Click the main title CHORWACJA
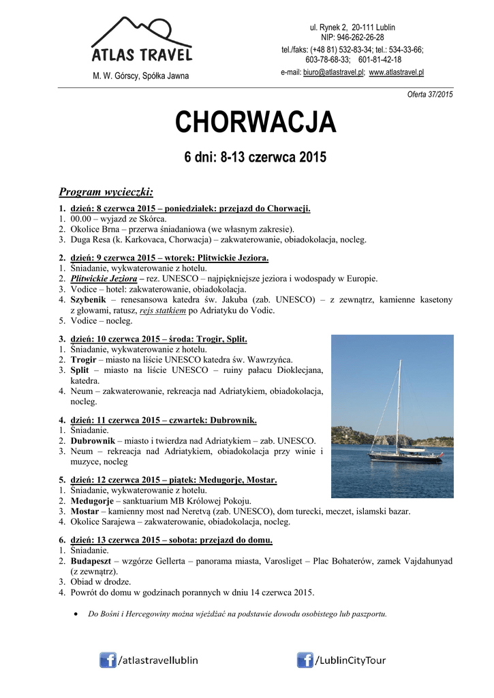click(x=256, y=123)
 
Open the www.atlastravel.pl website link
click(x=397, y=72)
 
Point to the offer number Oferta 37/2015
click(x=430, y=94)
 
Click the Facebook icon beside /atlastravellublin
click(x=108, y=660)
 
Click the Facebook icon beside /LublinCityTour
click(x=305, y=660)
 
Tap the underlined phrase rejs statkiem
click(x=163, y=310)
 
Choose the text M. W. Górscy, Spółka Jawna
click(x=141, y=76)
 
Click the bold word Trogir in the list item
click(x=84, y=359)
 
